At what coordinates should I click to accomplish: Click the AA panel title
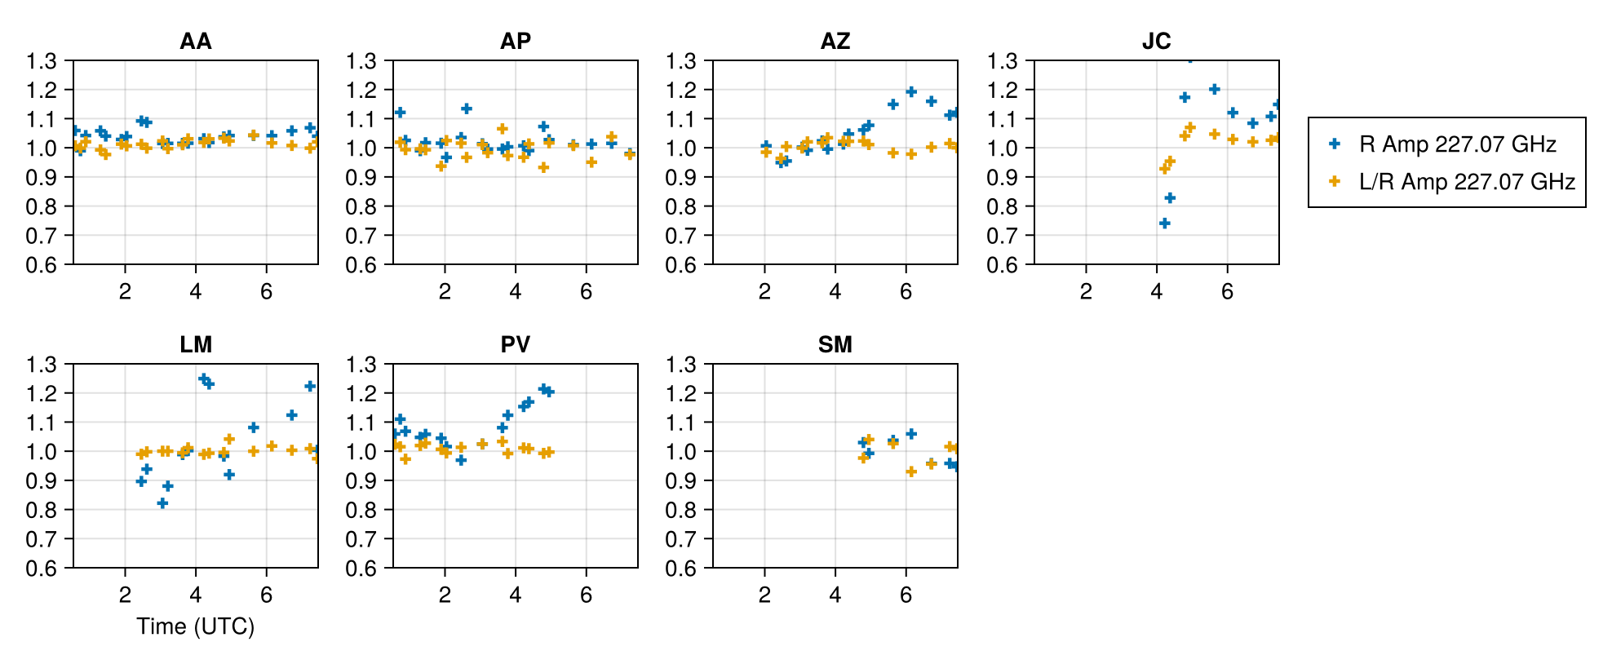click(x=196, y=41)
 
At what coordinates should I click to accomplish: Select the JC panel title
click(x=1156, y=41)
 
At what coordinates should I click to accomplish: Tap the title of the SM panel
click(x=835, y=344)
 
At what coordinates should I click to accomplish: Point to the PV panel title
click(x=515, y=344)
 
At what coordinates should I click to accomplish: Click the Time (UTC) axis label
click(x=196, y=626)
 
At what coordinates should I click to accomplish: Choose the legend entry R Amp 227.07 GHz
click(x=1457, y=144)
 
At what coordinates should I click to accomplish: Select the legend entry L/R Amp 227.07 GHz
click(x=1466, y=181)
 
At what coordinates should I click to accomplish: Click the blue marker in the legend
click(x=1335, y=144)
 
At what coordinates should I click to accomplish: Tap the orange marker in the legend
click(x=1335, y=181)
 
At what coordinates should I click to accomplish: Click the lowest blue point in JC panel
click(x=1165, y=223)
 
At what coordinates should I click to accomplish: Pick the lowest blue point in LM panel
click(x=162, y=503)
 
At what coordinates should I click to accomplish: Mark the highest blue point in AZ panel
click(x=911, y=92)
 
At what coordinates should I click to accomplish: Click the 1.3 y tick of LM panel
click(x=42, y=365)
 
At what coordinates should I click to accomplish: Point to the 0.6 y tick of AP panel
click(x=361, y=265)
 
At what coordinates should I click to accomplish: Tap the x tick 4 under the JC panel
click(x=1156, y=292)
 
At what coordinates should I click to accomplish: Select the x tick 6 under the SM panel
click(x=906, y=595)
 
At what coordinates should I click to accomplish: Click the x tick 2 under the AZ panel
click(x=764, y=292)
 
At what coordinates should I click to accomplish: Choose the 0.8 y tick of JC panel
click(x=1003, y=206)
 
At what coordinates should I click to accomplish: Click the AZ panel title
click(x=835, y=41)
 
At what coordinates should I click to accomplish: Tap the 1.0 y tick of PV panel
click(x=361, y=452)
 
